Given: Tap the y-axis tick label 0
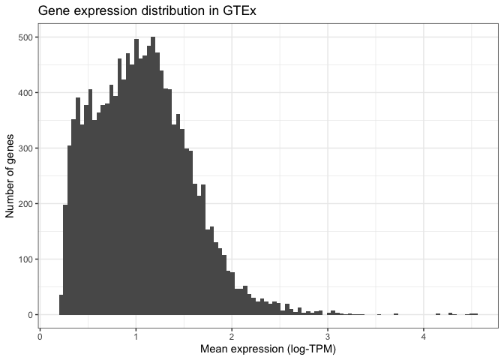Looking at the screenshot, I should pos(28,315).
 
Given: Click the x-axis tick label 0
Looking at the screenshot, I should pos(40,336).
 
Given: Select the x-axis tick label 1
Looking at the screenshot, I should pos(136,336).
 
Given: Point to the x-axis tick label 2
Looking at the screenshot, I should pos(232,336).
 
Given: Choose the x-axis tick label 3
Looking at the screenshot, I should pos(328,336).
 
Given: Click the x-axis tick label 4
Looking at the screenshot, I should pos(424,336).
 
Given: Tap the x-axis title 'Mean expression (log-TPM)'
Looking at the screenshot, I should pos(268,349).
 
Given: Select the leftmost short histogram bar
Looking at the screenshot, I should pos(61,305).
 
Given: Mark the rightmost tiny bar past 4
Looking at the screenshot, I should pos(475,313).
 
